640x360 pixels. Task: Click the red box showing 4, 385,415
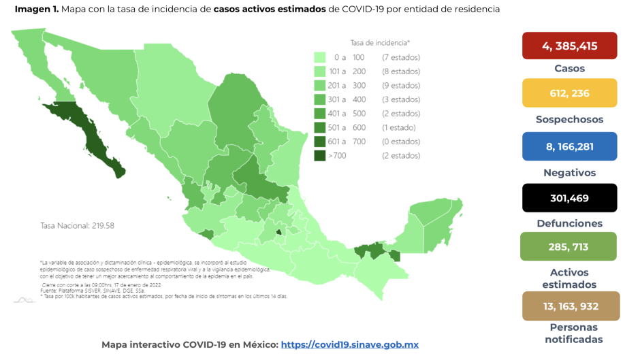[569, 46]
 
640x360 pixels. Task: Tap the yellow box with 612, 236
[569, 93]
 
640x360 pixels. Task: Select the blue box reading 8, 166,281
[569, 146]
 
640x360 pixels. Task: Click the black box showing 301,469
[569, 198]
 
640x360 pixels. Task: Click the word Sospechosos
[569, 119]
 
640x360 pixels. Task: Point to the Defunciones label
[569, 223]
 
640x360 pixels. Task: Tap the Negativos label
[569, 172]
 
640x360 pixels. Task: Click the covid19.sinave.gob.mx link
[349, 345]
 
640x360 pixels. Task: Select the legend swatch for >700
[319, 156]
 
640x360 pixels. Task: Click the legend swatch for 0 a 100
[319, 57]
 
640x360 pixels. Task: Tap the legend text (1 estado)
[399, 127]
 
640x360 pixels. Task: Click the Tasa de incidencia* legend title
[380, 42]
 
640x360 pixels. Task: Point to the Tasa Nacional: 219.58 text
[77, 225]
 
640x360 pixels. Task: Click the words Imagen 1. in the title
[35, 10]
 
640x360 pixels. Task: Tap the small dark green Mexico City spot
[278, 233]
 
